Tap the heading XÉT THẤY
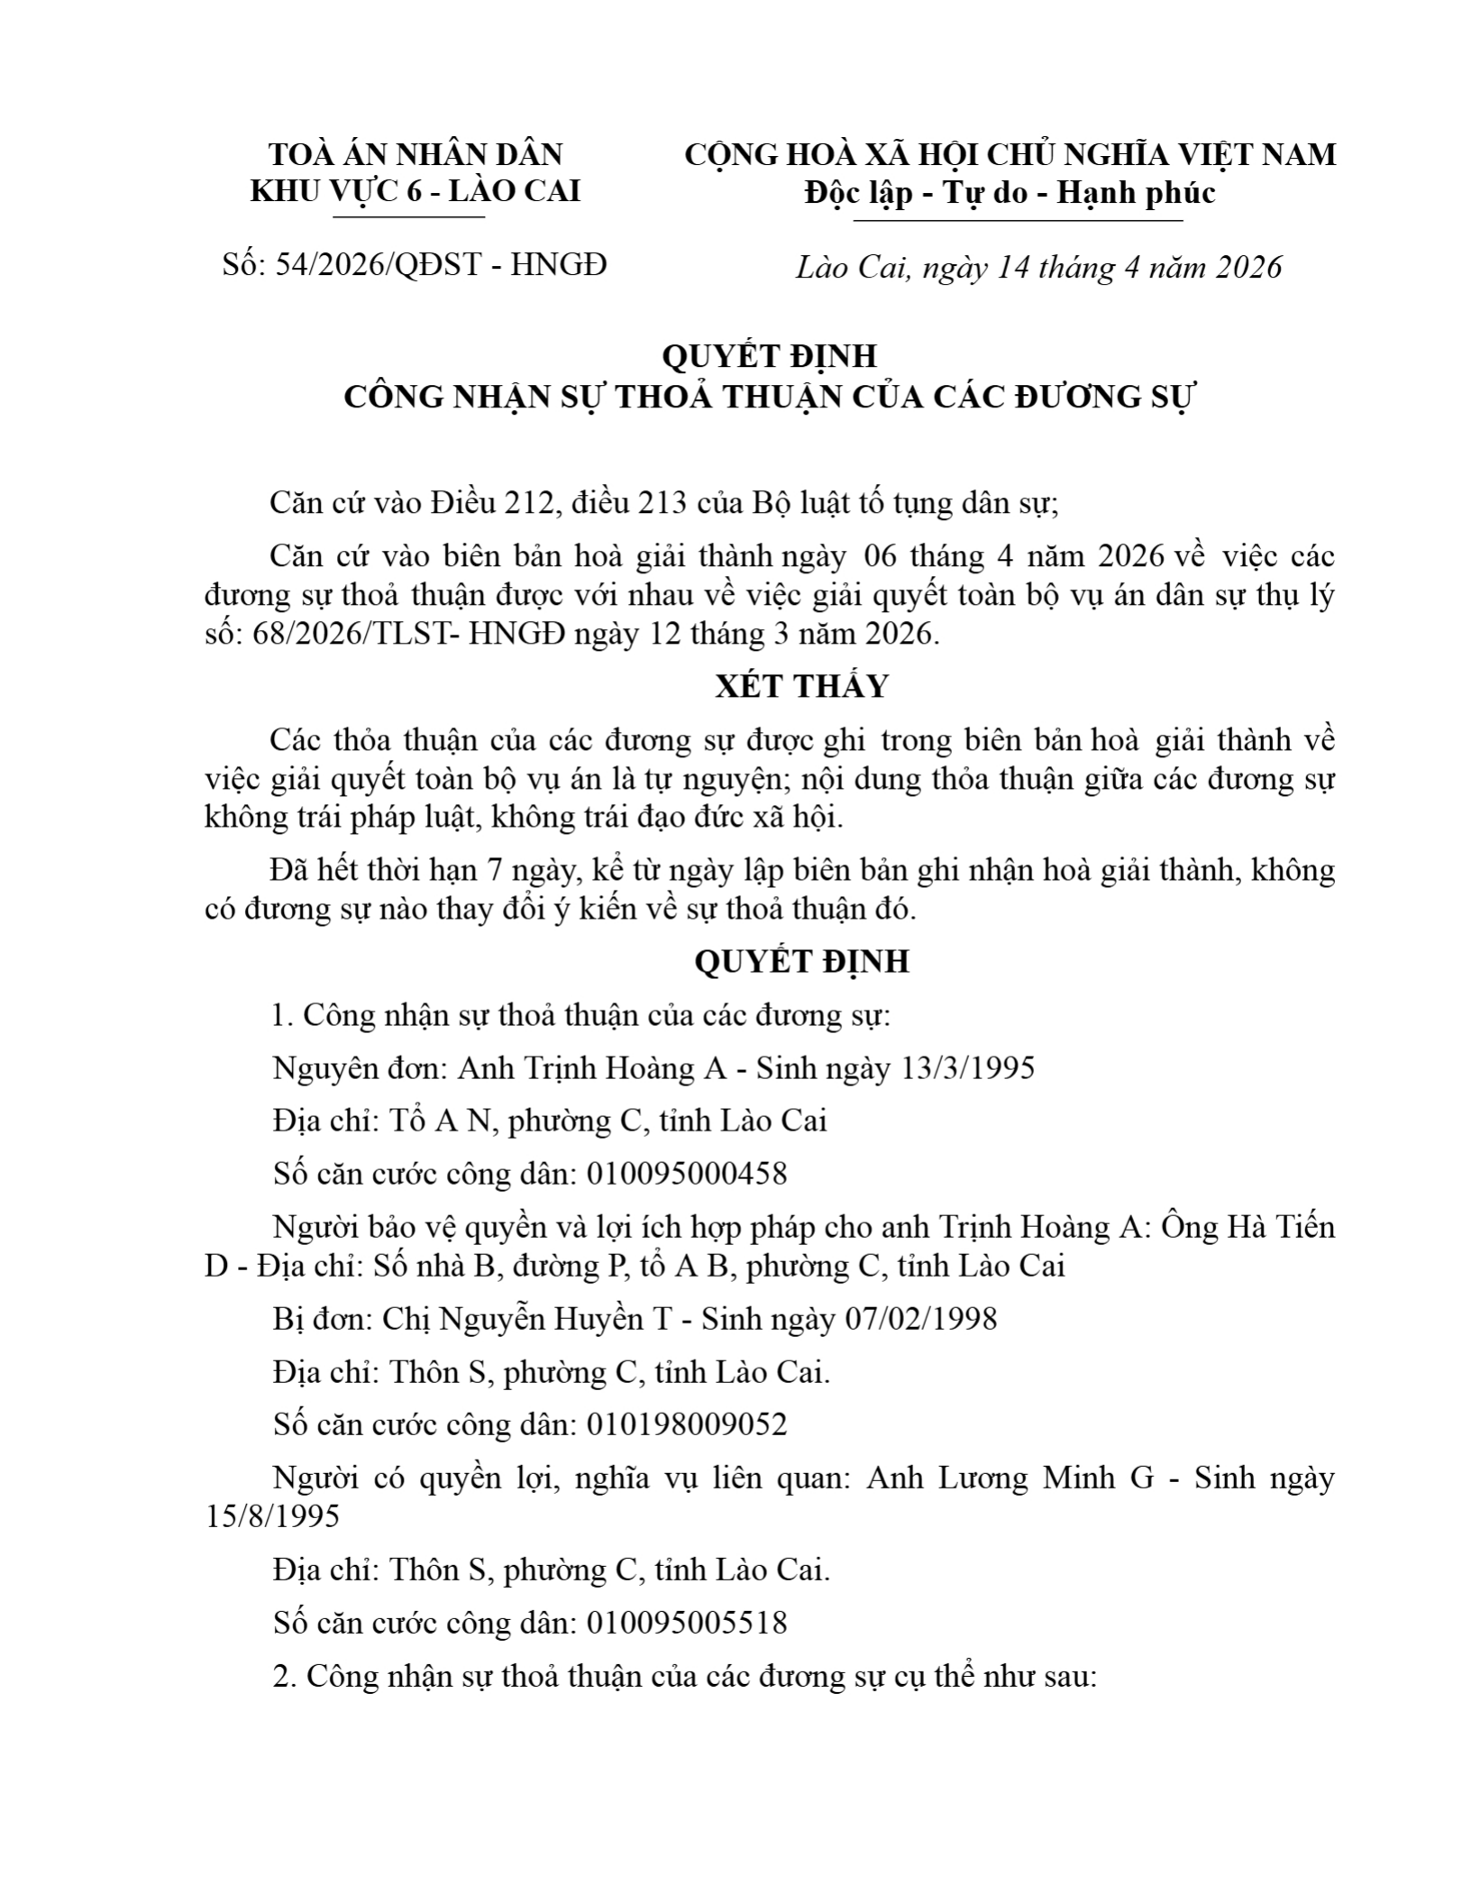tap(801, 686)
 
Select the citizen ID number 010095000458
tap(687, 1173)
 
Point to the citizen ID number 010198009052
tap(687, 1423)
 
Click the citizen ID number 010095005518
tap(687, 1623)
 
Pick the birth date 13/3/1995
tap(967, 1068)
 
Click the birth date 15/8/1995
tap(272, 1516)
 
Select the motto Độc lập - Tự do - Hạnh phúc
tap(1010, 192)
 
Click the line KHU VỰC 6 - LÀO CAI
tap(415, 191)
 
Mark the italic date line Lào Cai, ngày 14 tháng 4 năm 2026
tap(1038, 268)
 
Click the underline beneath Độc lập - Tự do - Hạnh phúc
tap(1017, 220)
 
